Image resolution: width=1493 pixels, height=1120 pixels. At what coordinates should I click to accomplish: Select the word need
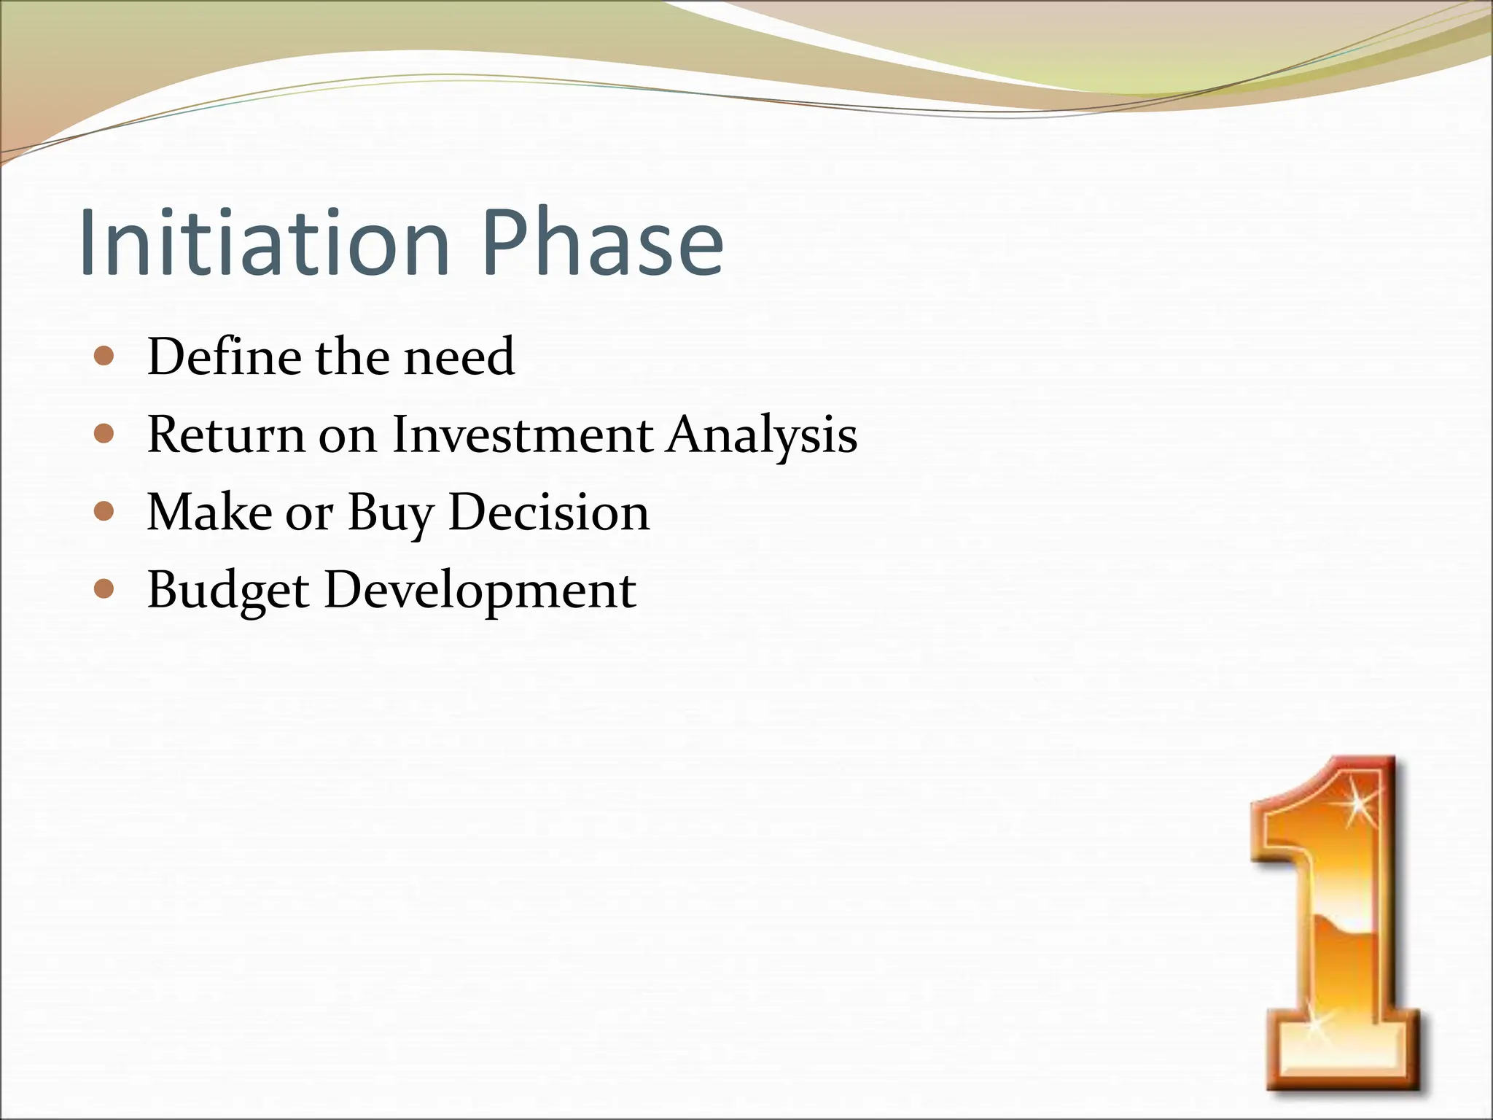click(x=459, y=357)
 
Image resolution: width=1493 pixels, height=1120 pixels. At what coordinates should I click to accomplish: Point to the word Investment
click(x=522, y=435)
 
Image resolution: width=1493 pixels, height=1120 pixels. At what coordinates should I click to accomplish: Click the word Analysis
click(x=761, y=435)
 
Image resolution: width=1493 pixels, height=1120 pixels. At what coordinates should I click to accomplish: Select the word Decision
click(x=548, y=512)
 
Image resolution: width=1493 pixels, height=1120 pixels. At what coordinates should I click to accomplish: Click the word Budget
click(x=228, y=591)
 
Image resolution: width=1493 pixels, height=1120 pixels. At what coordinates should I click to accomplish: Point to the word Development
click(x=480, y=591)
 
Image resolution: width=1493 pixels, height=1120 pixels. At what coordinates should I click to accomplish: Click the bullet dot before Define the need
click(x=105, y=357)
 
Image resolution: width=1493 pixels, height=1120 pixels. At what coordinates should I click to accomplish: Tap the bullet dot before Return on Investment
click(x=105, y=435)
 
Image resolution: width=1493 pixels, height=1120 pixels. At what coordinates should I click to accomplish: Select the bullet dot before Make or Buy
click(x=105, y=512)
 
